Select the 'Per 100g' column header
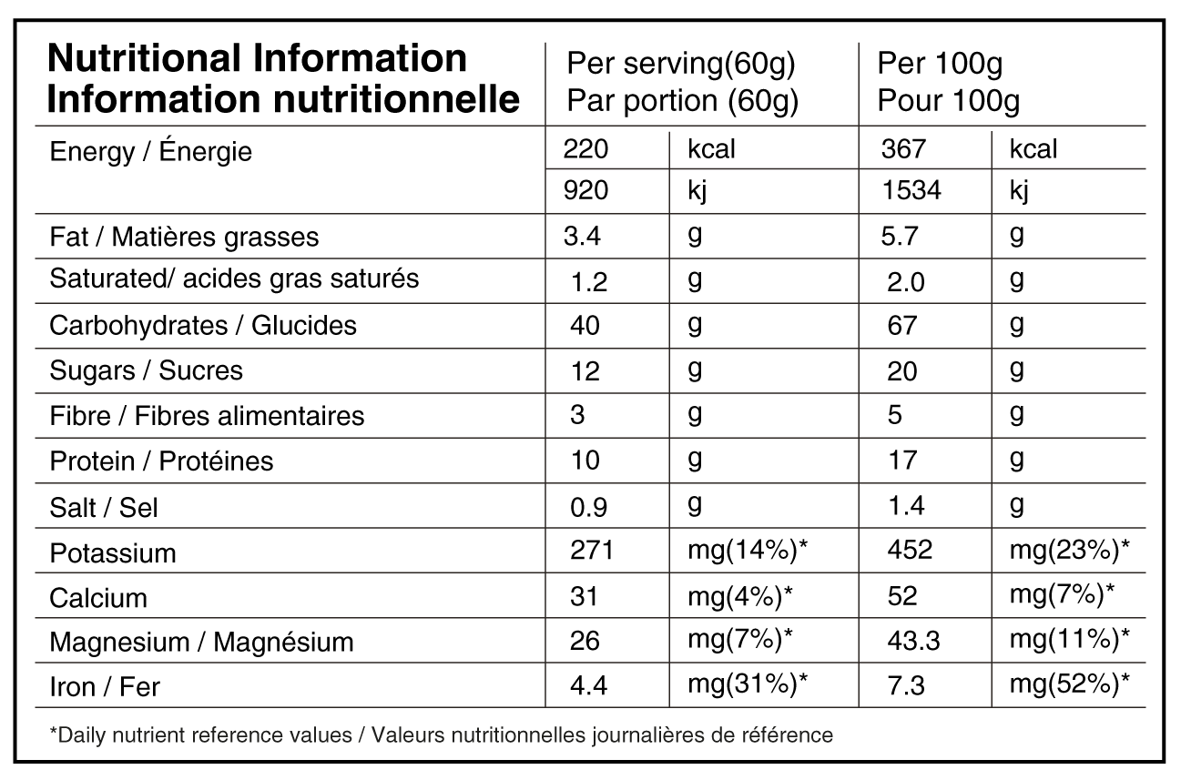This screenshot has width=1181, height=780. click(x=940, y=64)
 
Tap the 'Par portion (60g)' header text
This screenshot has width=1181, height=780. click(x=682, y=101)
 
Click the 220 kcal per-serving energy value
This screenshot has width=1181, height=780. click(x=585, y=148)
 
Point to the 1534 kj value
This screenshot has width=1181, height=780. click(x=911, y=190)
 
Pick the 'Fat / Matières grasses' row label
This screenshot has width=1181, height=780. click(x=184, y=237)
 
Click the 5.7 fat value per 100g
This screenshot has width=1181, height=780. click(x=901, y=237)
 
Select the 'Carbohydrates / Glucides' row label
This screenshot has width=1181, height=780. click(x=203, y=325)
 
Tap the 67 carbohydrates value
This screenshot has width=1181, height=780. click(x=901, y=325)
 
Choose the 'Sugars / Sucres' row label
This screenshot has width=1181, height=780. click(x=147, y=370)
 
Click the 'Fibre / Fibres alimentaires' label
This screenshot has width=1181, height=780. click(x=207, y=416)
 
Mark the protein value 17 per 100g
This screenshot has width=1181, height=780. click(x=901, y=460)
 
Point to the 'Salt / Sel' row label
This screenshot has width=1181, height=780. click(x=104, y=507)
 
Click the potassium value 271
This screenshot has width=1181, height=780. click(x=589, y=551)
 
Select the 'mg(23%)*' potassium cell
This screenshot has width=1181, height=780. click(x=1069, y=549)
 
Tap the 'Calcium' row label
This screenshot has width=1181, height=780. click(x=98, y=598)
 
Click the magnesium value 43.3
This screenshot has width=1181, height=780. click(x=913, y=641)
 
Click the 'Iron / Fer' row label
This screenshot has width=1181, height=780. click(x=105, y=686)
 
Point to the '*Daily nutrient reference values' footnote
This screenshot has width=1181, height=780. click(x=441, y=734)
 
